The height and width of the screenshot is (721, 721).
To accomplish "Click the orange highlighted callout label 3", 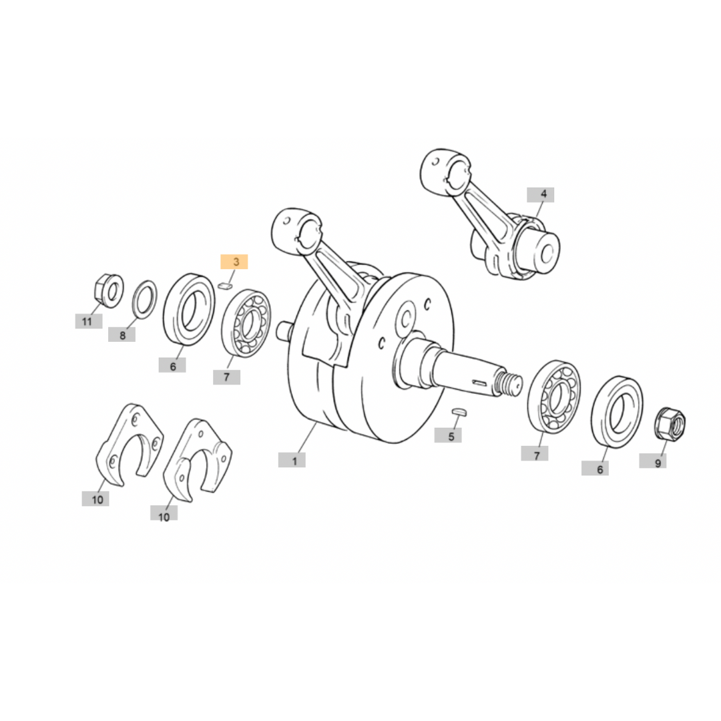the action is (234, 262).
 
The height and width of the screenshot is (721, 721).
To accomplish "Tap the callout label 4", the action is (540, 194).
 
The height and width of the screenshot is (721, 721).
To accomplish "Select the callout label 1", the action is (292, 460).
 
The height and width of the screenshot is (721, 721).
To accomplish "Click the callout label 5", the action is (448, 435).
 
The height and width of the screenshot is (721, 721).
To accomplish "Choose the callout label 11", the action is (89, 321).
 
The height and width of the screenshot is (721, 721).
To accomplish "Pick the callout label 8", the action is (122, 334).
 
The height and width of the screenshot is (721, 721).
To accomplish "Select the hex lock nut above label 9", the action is (670, 423).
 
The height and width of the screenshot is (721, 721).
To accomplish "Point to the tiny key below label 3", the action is (224, 286).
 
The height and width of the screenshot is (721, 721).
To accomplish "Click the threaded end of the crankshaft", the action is (509, 383).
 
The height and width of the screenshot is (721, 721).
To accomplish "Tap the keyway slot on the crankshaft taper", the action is (479, 381).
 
